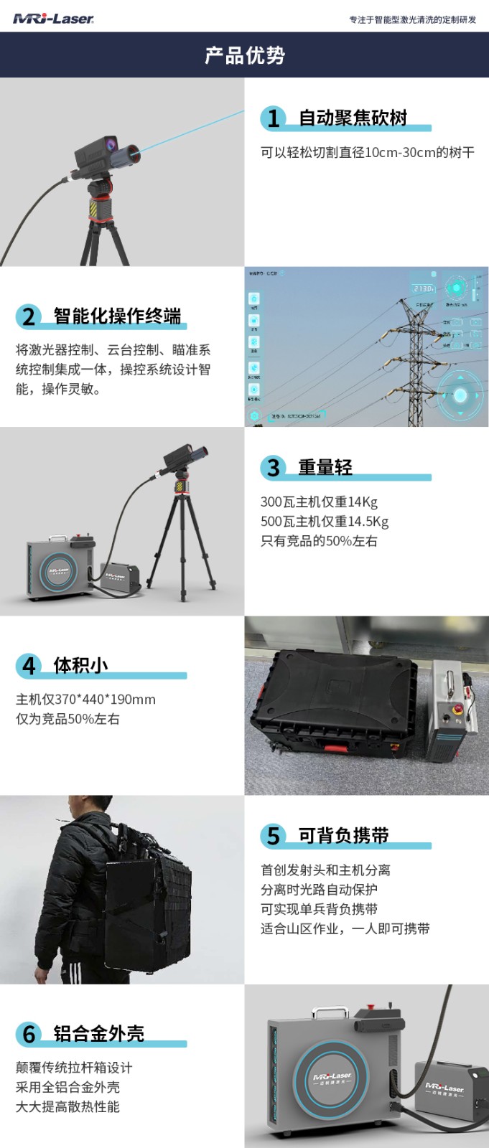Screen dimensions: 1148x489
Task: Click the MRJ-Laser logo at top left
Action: coord(53,19)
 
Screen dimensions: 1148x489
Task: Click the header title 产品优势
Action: coord(244,55)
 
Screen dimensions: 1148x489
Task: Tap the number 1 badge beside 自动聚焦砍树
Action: coord(273,118)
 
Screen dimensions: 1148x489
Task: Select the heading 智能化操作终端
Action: coord(117,316)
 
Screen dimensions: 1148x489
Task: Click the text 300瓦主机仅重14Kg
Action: coord(318,502)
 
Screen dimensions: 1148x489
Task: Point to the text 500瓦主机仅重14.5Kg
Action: coord(324,522)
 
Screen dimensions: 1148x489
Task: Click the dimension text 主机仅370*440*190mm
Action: coord(85,700)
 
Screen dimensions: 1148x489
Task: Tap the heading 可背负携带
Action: coord(343,835)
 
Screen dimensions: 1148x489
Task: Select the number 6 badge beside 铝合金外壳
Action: coord(29,1034)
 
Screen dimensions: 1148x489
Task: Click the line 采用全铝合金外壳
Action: coord(67,1087)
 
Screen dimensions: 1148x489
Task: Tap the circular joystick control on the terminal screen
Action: coord(460,395)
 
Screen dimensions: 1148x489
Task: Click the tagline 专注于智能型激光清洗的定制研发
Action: coord(412,19)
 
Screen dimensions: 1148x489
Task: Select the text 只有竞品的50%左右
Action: coord(318,541)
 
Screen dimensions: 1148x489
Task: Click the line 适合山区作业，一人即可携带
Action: coord(345,928)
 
